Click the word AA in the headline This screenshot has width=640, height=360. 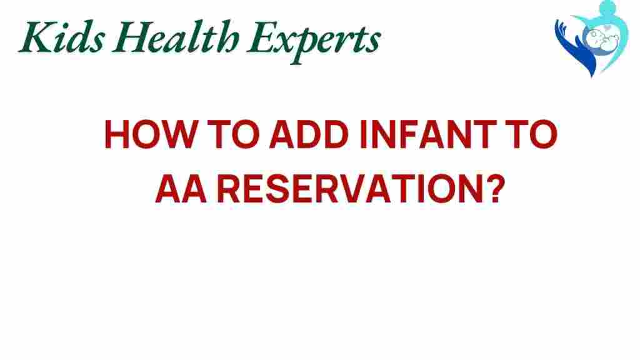tap(178, 187)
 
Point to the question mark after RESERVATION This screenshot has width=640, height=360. tap(492, 187)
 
